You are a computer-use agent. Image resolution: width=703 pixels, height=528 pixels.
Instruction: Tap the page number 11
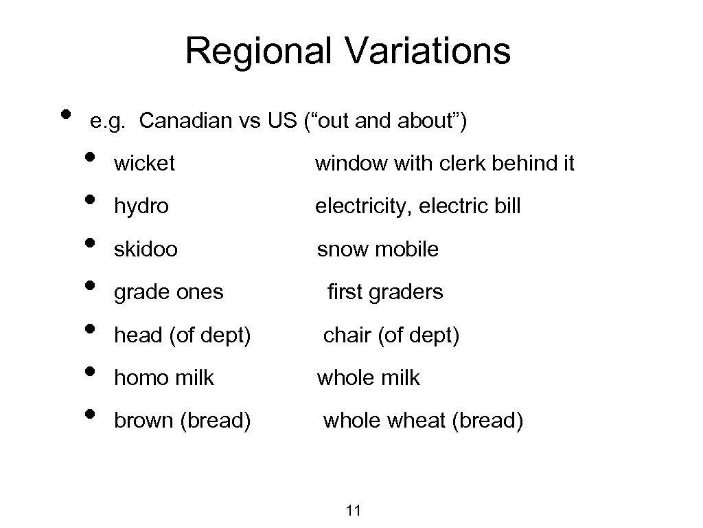pos(354,510)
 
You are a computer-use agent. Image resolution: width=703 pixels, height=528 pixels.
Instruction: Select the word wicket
pos(144,164)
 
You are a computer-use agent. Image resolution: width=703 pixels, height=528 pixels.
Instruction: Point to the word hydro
pos(141,206)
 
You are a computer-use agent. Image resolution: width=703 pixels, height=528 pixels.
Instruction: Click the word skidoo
pos(146,249)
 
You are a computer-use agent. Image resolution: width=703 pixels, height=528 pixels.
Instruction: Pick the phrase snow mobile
pos(377,249)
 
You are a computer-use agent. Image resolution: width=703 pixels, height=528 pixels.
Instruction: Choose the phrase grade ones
pos(168,292)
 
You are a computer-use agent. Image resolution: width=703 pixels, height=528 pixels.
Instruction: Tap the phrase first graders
pos(385,292)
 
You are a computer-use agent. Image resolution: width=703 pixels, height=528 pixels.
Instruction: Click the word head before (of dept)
pos(136,335)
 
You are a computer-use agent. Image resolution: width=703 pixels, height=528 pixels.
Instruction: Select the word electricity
pos(363,206)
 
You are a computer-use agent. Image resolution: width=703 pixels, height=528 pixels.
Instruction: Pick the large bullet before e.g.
pos(65,114)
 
